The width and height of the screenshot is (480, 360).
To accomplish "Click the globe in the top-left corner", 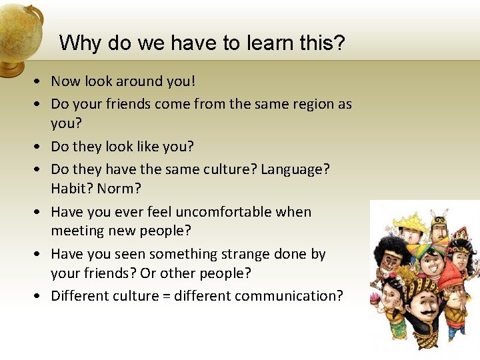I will (x=19, y=33).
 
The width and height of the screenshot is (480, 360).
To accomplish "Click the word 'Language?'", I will (x=295, y=169).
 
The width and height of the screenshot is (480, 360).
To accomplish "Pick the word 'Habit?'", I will (x=72, y=189).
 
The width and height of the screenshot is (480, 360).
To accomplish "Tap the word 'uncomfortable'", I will (x=214, y=212).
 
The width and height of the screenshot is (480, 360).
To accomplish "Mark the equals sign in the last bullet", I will (x=166, y=295).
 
